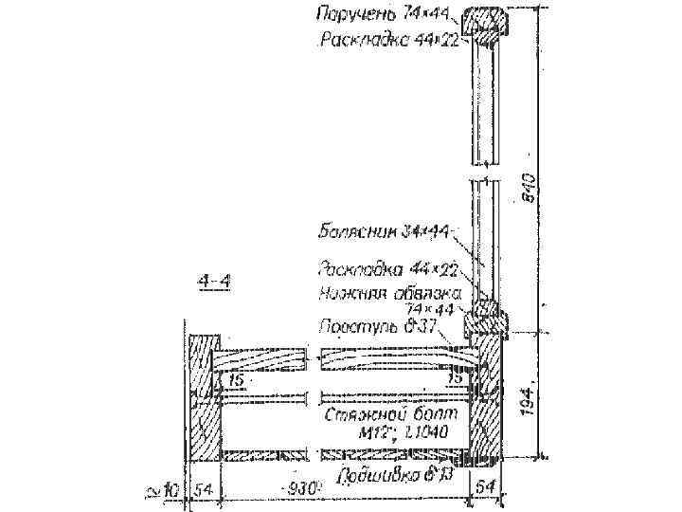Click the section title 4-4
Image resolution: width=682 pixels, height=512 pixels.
pos(217,281)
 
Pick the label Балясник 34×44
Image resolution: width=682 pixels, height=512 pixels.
pos(384,230)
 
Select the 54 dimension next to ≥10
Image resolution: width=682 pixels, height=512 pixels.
pos(203,489)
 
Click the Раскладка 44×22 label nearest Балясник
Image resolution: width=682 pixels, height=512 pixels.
pos(389,272)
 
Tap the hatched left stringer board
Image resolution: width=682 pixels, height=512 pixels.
pos(204,398)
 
